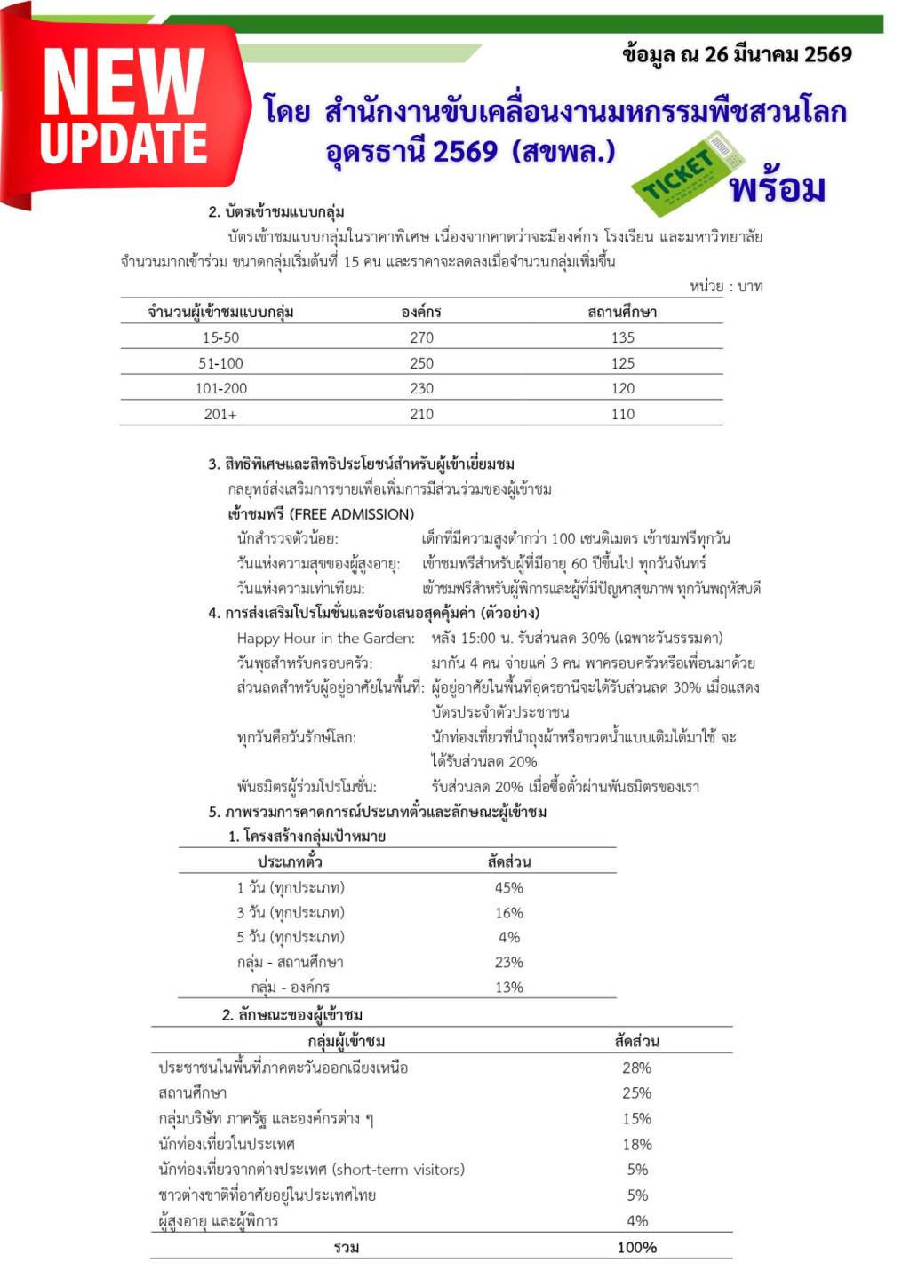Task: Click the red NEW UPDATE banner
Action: [x=124, y=107]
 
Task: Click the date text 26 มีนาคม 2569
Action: [x=778, y=55]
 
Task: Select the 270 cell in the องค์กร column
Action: [x=421, y=337]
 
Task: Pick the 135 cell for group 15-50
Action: [x=622, y=337]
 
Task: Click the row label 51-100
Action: [x=220, y=363]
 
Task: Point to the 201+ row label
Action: [x=220, y=414]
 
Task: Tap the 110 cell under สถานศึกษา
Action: [x=622, y=414]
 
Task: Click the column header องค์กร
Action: [x=421, y=312]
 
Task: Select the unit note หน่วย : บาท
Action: [x=726, y=286]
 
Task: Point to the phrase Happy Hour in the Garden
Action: [x=325, y=638]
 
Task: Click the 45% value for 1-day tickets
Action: [x=508, y=887]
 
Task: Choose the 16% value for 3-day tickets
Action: [x=508, y=912]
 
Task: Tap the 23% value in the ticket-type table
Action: [x=508, y=962]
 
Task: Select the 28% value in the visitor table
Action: [x=636, y=1068]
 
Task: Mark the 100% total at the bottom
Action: [x=636, y=1247]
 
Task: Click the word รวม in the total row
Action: [x=347, y=1247]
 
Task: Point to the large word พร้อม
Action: [x=777, y=188]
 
